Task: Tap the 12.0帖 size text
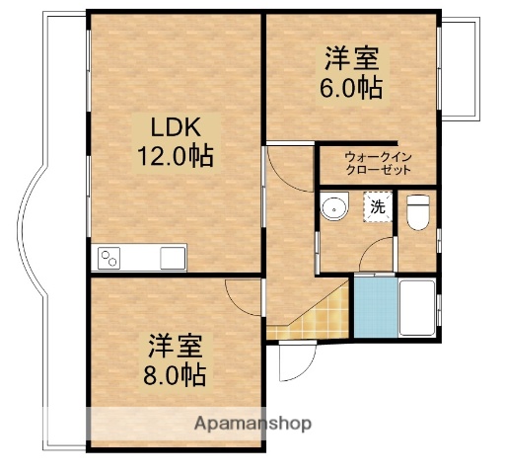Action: pyautogui.click(x=176, y=156)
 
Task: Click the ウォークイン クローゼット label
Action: pyautogui.click(x=377, y=164)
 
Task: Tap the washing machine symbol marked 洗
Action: pyautogui.click(x=377, y=206)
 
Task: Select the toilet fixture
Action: pyautogui.click(x=418, y=211)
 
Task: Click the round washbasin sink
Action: pyautogui.click(x=336, y=208)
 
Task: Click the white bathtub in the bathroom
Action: pyautogui.click(x=417, y=307)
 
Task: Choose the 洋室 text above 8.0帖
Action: pyautogui.click(x=177, y=347)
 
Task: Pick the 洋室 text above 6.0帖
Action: pyautogui.click(x=351, y=58)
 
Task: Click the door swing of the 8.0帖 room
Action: pyautogui.click(x=243, y=296)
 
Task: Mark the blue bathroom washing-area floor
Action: pyautogui.click(x=373, y=307)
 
